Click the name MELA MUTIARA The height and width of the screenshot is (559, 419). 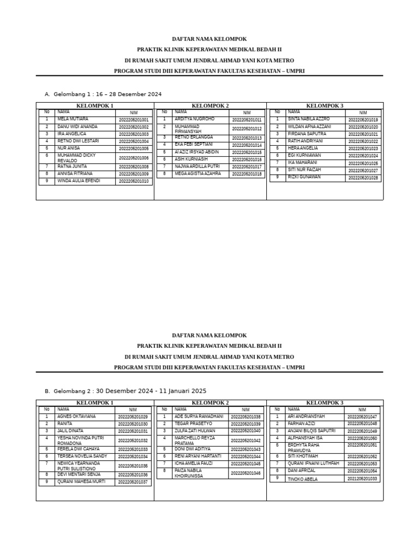(x=73, y=119)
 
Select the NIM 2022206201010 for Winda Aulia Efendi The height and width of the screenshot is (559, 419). (x=133, y=181)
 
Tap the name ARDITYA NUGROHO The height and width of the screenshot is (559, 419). (x=194, y=119)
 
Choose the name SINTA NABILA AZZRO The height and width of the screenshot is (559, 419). (x=309, y=119)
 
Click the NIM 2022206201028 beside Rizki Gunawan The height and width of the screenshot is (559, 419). (x=363, y=178)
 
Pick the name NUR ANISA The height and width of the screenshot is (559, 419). (x=69, y=148)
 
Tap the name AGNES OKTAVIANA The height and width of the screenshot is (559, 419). (x=76, y=417)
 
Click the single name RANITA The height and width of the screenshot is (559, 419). (x=65, y=424)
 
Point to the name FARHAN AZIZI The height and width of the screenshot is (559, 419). (x=301, y=424)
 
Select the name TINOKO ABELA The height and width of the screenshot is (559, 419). (x=303, y=479)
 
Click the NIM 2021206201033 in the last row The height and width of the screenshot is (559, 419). (x=362, y=479)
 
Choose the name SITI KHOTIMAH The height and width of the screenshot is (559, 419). (x=303, y=456)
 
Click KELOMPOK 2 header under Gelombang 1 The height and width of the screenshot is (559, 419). (x=210, y=106)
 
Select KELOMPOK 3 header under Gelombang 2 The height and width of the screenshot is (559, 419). (x=325, y=403)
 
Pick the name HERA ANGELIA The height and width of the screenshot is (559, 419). (x=302, y=148)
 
